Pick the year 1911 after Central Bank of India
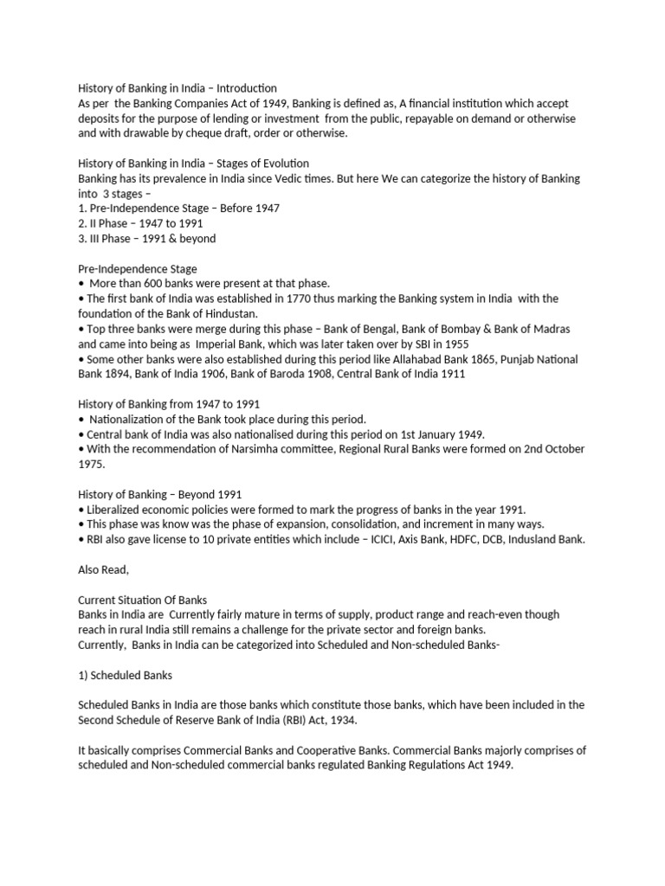[451, 374]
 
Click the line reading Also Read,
[104, 569]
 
